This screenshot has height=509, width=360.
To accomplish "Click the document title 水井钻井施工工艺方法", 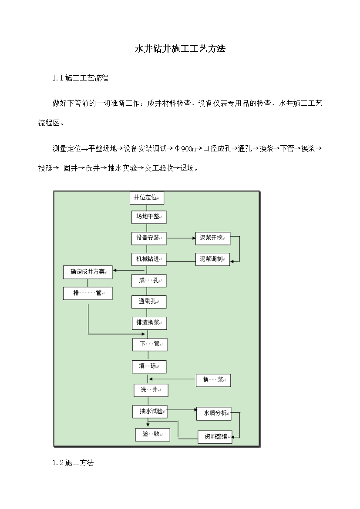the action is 180,49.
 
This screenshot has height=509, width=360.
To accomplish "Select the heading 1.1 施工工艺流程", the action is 80,78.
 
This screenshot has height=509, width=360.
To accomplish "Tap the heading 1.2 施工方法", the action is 73,462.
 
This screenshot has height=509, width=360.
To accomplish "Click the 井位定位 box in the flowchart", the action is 147,198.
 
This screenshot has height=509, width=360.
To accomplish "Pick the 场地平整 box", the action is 149,217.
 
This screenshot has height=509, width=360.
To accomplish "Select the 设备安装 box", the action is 149,238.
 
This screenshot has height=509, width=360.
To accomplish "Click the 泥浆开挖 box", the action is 212,238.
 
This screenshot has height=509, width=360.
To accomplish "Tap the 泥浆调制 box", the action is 212,259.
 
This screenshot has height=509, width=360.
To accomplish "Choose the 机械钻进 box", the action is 149,259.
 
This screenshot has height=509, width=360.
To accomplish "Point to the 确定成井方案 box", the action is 88,272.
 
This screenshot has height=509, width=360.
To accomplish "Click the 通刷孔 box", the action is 149,301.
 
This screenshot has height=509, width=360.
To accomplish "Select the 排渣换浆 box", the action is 149,323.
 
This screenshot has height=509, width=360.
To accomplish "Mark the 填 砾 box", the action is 149,366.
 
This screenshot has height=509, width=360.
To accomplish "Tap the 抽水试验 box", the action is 150,411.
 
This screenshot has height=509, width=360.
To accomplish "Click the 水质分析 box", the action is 214,414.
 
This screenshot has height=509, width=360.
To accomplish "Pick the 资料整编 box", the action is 215,437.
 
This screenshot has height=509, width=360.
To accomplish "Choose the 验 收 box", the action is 152,434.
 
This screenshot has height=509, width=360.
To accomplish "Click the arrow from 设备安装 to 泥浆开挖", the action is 181,238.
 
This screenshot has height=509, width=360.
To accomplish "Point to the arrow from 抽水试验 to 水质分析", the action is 182,410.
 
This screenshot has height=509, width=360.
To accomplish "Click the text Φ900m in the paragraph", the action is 185,149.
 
